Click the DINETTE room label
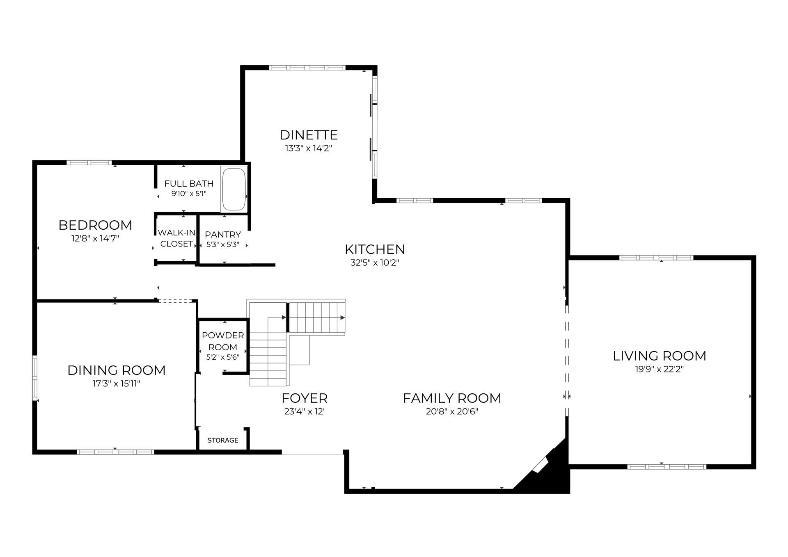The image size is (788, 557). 309,135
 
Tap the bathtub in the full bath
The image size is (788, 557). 234,189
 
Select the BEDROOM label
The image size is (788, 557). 95,225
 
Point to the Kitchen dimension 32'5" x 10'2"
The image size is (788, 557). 375,263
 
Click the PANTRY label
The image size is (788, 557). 223,235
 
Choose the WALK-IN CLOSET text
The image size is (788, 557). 176,238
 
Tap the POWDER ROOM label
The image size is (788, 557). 223,341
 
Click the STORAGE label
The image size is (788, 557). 223,441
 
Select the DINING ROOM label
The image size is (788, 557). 117,370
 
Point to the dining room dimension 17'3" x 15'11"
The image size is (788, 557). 117,384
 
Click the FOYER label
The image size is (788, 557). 305,398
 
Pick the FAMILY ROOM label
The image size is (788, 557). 452,398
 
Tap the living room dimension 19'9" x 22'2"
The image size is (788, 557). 660,369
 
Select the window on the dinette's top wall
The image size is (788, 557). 307,68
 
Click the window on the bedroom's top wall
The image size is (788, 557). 89,162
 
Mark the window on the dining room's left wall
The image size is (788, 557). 35,378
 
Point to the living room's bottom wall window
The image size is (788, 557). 667,467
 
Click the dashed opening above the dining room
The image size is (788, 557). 175,301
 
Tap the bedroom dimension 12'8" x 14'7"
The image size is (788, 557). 95,239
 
